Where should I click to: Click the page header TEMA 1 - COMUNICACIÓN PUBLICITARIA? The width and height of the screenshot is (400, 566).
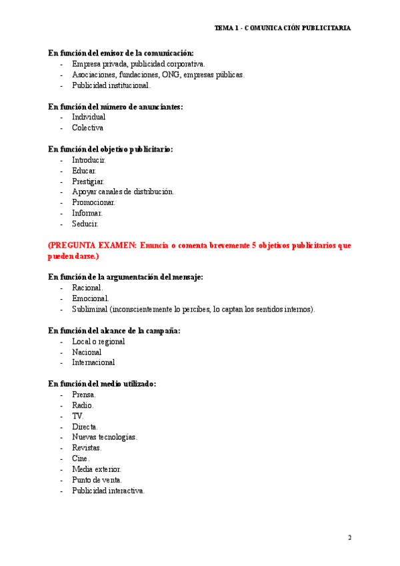tap(283, 28)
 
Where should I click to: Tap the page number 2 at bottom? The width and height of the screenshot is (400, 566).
tap(349, 537)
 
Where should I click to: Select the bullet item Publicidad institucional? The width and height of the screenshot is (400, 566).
tap(111, 85)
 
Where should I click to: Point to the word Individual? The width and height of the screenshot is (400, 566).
tap(89, 117)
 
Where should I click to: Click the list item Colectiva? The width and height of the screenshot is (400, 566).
tap(87, 127)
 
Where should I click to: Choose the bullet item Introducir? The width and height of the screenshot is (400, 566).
tap(89, 160)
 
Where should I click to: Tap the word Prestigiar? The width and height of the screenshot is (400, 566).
tap(88, 181)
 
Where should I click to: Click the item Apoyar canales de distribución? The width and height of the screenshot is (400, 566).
tap(123, 192)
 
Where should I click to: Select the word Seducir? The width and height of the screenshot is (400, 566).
tap(85, 224)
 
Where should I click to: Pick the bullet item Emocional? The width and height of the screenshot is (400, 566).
tap(91, 298)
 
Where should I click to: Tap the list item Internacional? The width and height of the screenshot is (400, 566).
tap(93, 362)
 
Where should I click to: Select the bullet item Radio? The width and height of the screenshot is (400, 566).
tap(83, 405)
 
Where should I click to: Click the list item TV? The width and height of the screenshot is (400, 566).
tap(78, 416)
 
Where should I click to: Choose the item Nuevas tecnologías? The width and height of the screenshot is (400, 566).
tap(105, 437)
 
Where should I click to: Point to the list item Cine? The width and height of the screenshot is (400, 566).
tap(81, 459)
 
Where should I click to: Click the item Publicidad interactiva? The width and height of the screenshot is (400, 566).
tap(108, 491)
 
